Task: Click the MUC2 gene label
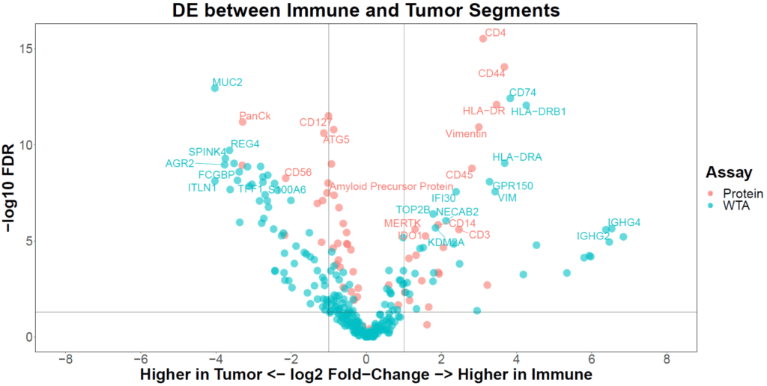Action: coord(227,82)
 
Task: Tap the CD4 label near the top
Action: coord(495,33)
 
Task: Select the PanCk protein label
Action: coord(255,115)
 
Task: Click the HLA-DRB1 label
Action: coord(538,111)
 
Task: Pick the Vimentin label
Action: coord(466,134)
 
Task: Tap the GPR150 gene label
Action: coord(512,186)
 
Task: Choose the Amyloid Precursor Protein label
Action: coord(392,186)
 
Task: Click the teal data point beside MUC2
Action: coord(215,88)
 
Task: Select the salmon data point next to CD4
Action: coord(483,39)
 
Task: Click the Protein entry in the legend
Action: coord(739,193)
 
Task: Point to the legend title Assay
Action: coord(729,173)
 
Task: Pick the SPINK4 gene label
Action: coord(207,152)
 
